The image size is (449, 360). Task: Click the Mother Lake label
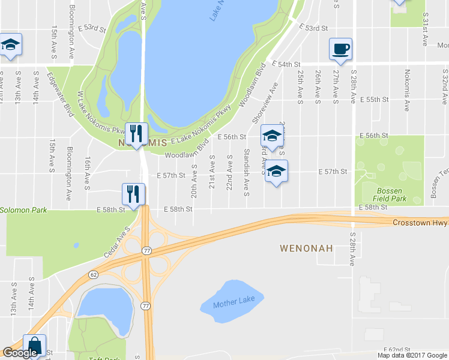coord(234,299)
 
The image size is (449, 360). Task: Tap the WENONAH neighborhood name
coord(306,247)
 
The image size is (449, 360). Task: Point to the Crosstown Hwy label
coord(420,223)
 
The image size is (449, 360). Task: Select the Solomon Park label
coord(23,211)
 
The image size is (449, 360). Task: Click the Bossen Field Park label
coord(389,194)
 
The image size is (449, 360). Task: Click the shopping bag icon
coord(34,346)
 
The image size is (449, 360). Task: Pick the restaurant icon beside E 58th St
coord(133,193)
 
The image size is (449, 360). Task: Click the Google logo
coord(20,353)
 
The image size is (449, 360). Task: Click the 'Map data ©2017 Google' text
coord(412,355)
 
